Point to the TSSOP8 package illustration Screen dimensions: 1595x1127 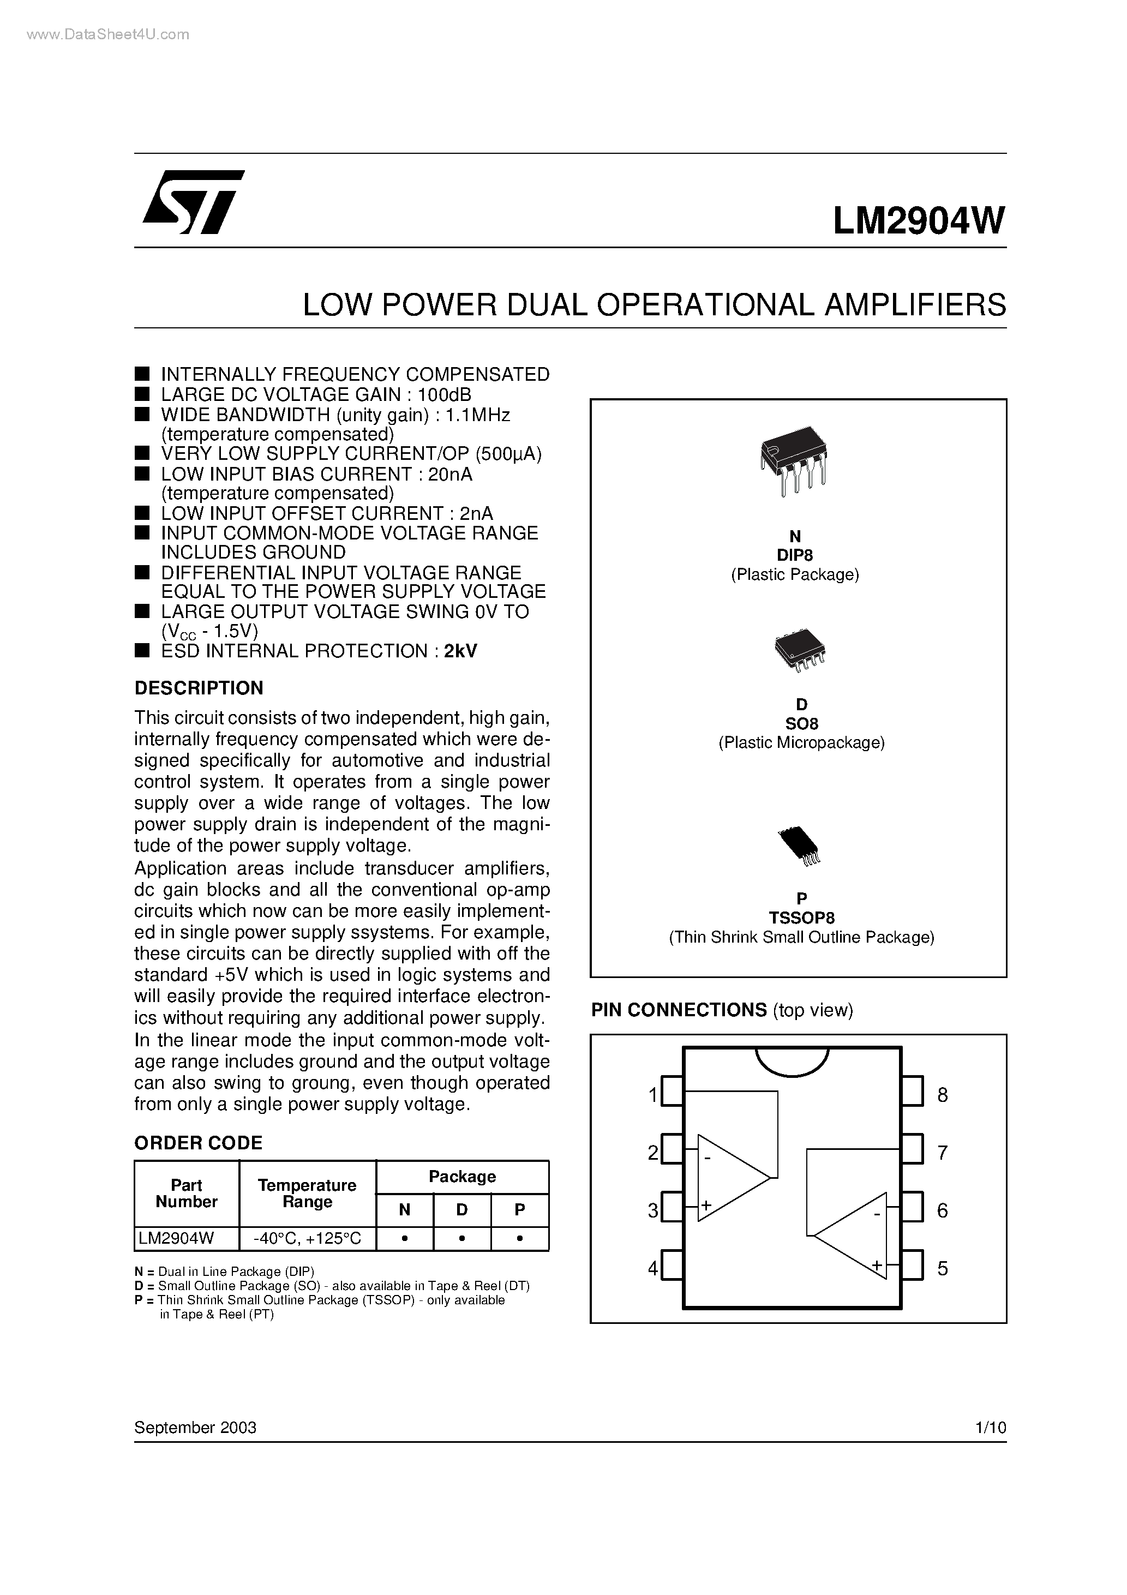[x=799, y=846]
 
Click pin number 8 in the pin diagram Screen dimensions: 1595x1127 [x=942, y=1095]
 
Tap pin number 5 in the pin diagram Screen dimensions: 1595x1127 [x=942, y=1268]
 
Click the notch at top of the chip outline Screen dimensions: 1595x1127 [x=792, y=1060]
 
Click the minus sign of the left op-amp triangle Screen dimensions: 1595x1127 [x=708, y=1158]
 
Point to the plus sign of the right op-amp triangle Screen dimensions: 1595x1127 [x=877, y=1265]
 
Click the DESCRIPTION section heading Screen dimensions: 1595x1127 [x=199, y=688]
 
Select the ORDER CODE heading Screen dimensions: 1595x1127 [x=198, y=1143]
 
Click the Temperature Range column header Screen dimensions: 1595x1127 [x=307, y=1194]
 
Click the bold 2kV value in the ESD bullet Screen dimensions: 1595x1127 [x=460, y=651]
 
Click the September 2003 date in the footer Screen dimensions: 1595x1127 [x=195, y=1428]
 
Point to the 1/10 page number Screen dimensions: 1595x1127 [x=990, y=1428]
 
